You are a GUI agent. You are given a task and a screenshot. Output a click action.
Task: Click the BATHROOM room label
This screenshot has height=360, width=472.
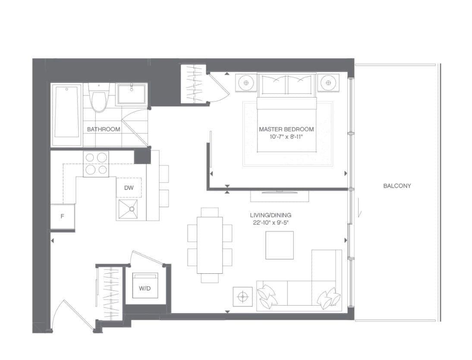tap(104, 129)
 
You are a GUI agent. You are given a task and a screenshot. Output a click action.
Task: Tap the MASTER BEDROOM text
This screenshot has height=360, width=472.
tap(286, 129)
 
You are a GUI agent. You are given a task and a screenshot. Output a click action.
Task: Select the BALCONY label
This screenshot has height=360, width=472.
tap(397, 186)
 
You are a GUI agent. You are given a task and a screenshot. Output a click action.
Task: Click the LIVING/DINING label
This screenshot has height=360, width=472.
tap(271, 215)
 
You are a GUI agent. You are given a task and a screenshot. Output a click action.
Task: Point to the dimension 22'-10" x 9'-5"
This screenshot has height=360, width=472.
tap(271, 223)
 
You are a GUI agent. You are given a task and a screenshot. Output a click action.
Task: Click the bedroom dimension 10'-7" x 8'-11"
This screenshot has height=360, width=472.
tap(286, 137)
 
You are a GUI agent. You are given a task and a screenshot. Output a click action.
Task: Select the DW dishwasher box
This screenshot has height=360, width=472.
tap(129, 188)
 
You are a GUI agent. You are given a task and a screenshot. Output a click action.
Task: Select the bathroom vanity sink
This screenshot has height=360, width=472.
tap(131, 94)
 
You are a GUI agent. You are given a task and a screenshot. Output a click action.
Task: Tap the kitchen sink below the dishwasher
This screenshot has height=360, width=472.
tap(129, 209)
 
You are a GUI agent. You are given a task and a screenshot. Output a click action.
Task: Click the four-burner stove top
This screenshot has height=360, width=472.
tap(96, 164)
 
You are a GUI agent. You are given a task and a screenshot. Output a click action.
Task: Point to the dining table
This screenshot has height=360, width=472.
tap(210, 245)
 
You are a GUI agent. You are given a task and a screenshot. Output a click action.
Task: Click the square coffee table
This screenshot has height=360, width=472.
tap(279, 245)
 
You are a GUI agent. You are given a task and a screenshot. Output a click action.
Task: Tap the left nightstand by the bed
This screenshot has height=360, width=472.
tap(246, 82)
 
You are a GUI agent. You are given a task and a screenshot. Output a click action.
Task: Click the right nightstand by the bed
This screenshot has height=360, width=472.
tap(329, 82)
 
